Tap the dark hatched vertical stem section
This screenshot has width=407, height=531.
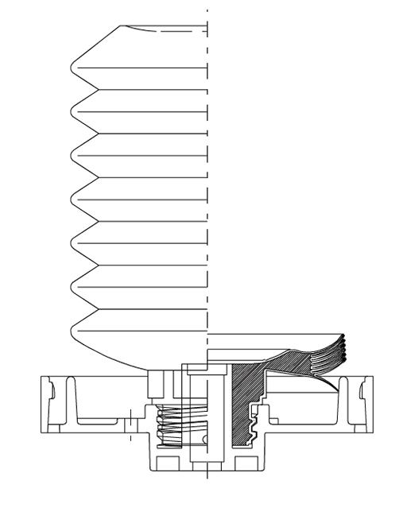(238, 413)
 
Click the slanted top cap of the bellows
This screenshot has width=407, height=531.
(95, 45)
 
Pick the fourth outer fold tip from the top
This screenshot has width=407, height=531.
(71, 196)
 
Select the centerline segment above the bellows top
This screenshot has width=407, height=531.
(207, 16)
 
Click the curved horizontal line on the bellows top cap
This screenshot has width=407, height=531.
(159, 30)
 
